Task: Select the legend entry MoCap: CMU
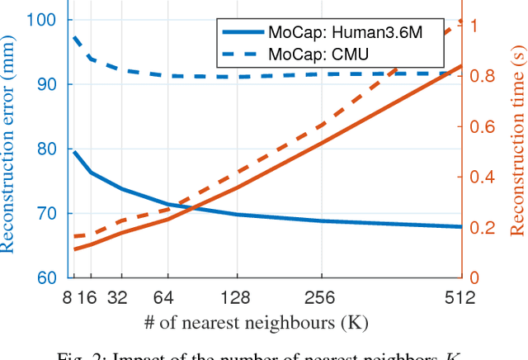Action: click(318, 54)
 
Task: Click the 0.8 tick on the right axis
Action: click(483, 75)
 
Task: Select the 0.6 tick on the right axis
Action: click(483, 126)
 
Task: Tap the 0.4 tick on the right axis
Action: click(483, 177)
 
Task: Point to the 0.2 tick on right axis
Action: click(483, 228)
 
